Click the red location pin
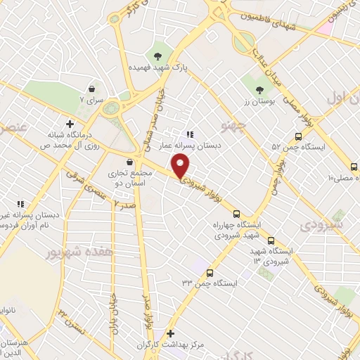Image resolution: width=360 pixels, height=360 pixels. click(x=181, y=167)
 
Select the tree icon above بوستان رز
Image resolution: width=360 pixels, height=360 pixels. click(x=260, y=89)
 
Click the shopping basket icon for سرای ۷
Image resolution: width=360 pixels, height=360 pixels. click(x=92, y=89)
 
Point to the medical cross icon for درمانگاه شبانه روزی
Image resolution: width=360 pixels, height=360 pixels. click(x=69, y=124)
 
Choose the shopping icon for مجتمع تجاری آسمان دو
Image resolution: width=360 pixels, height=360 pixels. click(x=129, y=162)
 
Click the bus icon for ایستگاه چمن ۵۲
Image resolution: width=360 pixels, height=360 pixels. click(x=299, y=137)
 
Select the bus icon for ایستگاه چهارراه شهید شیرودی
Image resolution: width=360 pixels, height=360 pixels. click(x=236, y=214)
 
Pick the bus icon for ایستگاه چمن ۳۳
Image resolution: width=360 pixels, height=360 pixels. click(x=210, y=272)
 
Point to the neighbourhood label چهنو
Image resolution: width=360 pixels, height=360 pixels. click(x=231, y=127)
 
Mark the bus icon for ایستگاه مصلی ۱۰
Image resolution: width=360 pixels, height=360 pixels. click(x=354, y=167)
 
